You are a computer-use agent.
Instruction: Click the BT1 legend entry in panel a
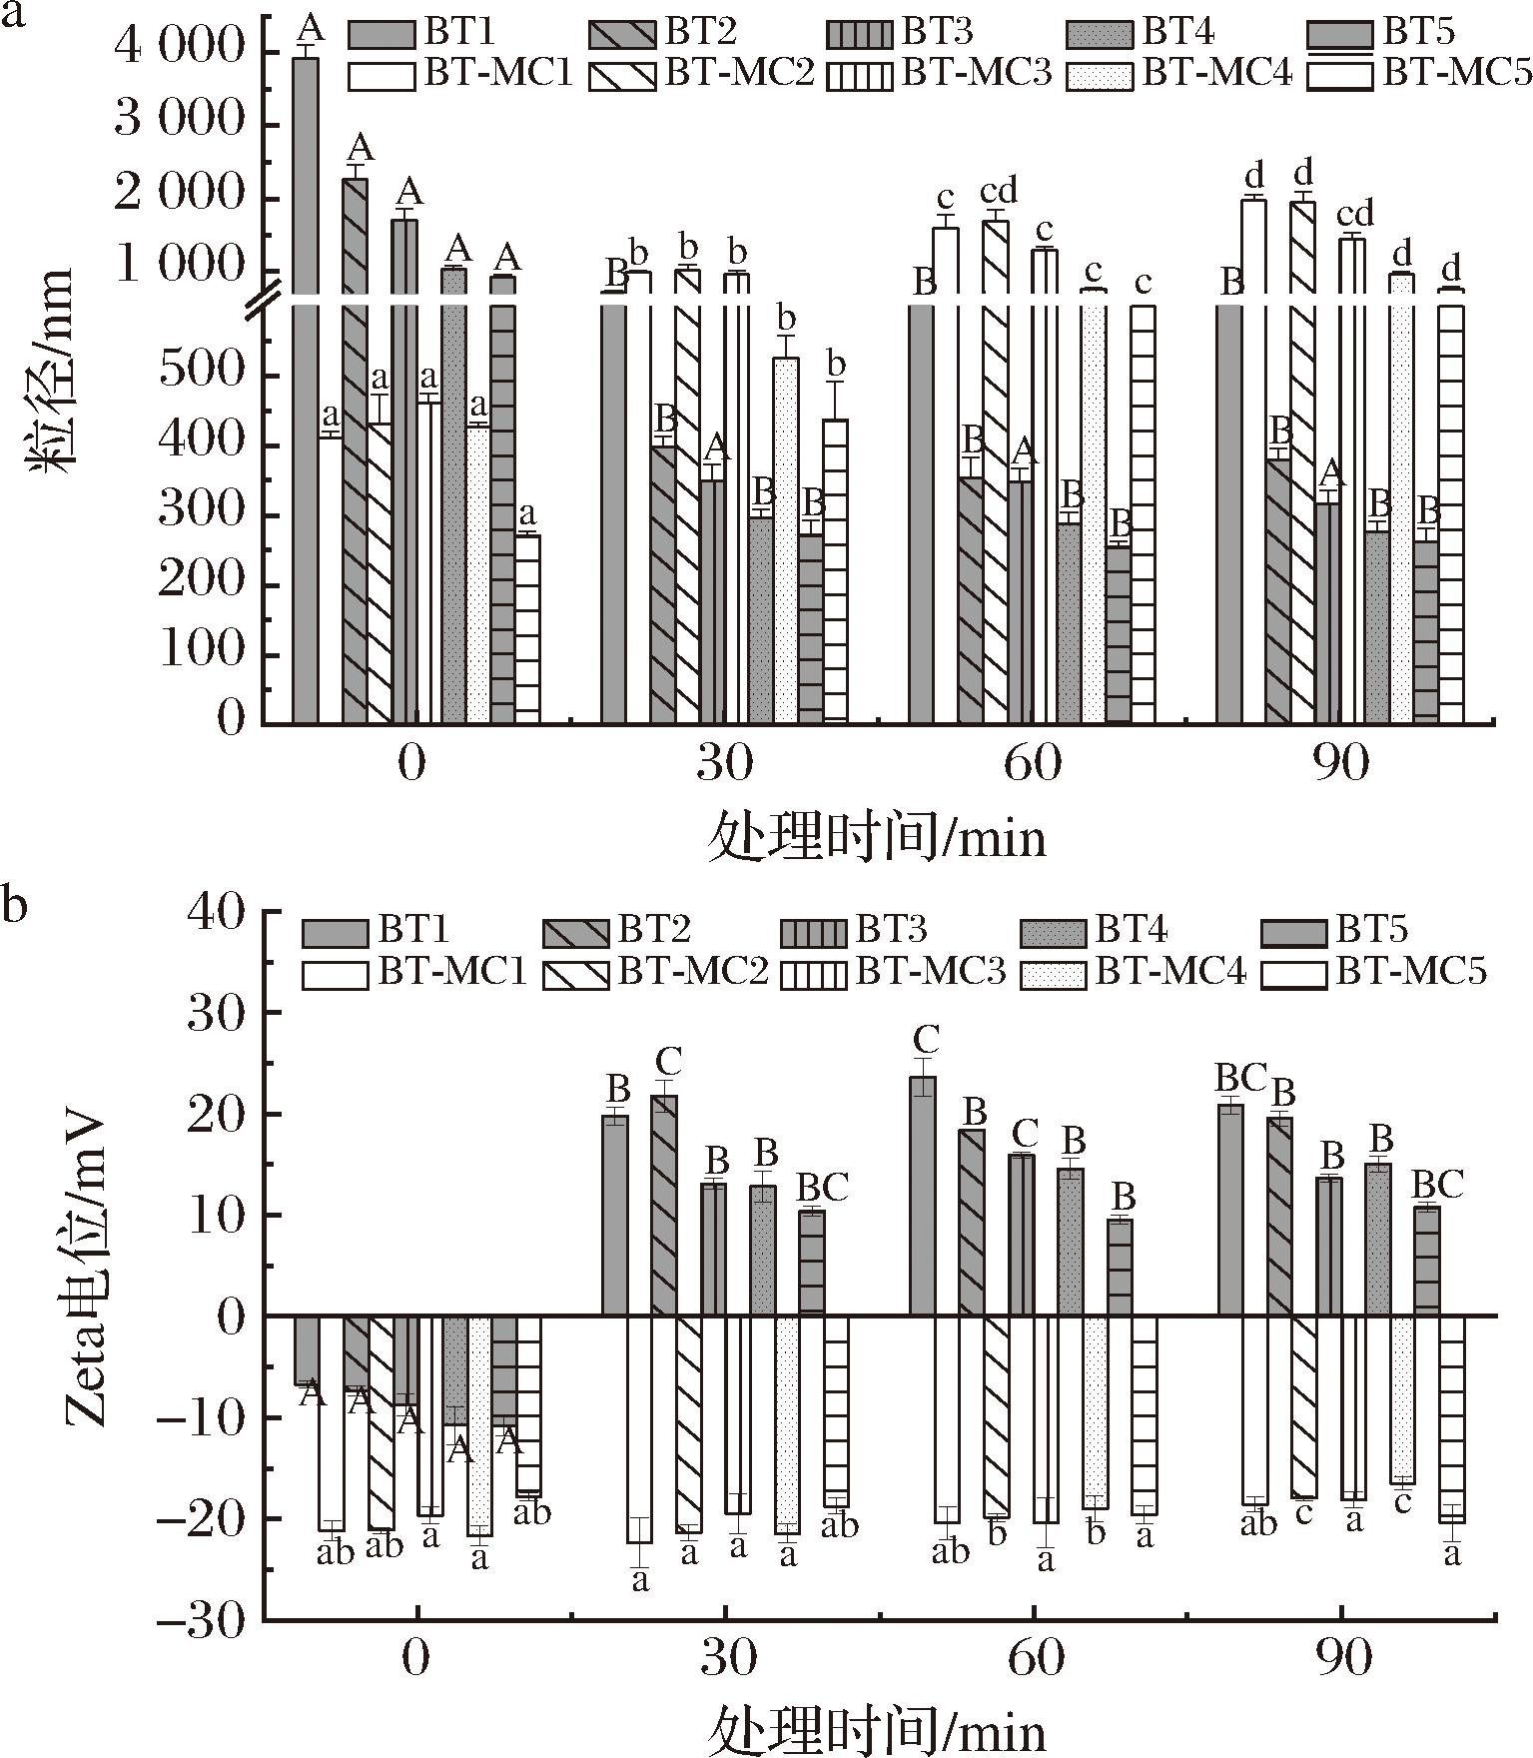click(420, 33)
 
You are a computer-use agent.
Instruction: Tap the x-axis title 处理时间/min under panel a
click(878, 837)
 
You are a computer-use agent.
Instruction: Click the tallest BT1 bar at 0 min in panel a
click(305, 390)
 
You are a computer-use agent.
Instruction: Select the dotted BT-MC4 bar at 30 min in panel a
click(786, 539)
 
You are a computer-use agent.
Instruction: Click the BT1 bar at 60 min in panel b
click(923, 1196)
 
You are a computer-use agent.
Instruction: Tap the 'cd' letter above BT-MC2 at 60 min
click(998, 189)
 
